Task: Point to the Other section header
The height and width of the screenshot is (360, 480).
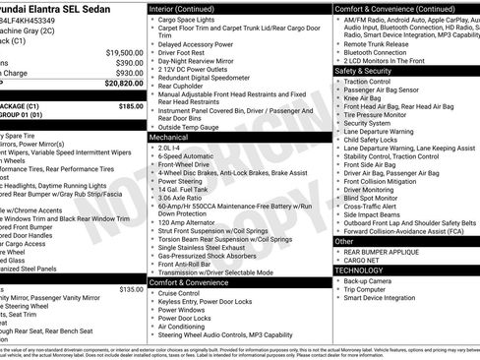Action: tap(344, 240)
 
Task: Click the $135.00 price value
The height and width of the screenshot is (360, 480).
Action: tap(130, 289)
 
